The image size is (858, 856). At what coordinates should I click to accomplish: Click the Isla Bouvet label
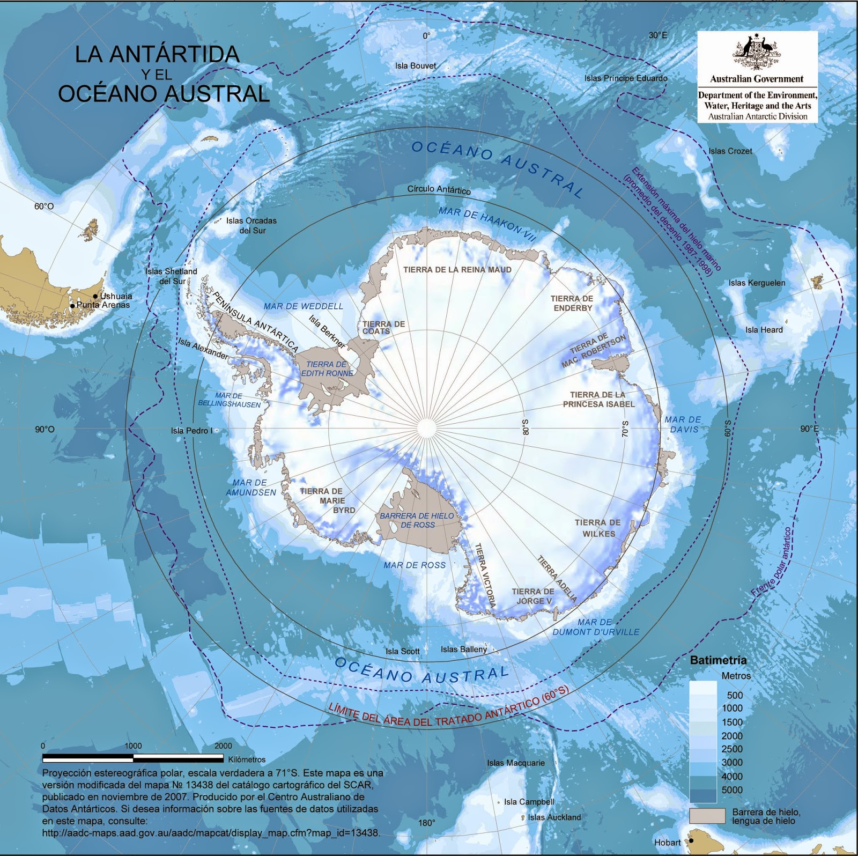point(416,66)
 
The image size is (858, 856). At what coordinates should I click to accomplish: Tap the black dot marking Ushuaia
point(95,296)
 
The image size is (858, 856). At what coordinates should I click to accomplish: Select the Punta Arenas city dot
point(72,306)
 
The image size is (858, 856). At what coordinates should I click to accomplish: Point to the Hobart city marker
point(691,840)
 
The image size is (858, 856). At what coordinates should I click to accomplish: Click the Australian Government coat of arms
point(757,53)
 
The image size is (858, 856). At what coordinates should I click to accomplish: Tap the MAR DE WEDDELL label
point(303,306)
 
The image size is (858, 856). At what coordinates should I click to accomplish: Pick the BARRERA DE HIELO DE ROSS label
point(417,520)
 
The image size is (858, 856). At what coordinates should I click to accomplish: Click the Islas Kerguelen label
point(757,283)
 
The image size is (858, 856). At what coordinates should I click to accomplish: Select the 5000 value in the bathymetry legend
point(732,789)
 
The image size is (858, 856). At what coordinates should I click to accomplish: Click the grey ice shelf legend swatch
point(707,816)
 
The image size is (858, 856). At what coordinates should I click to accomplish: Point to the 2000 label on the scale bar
point(223,746)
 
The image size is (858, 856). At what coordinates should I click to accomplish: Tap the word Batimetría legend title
point(718,660)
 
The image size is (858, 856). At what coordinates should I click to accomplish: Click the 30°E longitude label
point(658,35)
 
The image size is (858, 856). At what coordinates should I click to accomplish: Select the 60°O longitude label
point(44,206)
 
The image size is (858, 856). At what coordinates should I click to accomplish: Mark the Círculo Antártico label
point(439,189)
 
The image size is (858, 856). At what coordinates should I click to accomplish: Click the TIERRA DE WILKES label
point(598,528)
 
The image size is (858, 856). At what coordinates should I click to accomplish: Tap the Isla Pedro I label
point(191,431)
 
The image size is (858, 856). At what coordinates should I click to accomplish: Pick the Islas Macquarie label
point(515,763)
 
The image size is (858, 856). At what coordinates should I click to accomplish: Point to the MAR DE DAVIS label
point(683,424)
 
